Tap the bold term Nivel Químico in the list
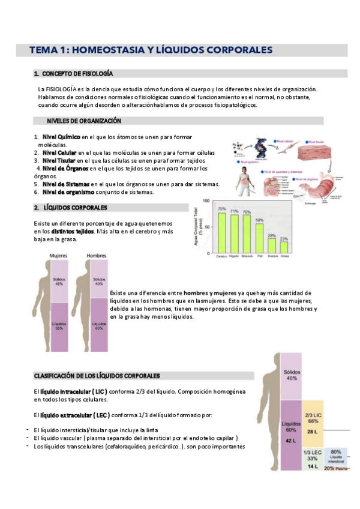[x=60, y=137]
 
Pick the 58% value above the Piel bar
[x=260, y=220]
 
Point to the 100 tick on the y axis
[x=206, y=201]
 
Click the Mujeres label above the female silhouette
[x=58, y=255]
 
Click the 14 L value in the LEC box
[x=311, y=466]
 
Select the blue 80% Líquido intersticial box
[x=336, y=457]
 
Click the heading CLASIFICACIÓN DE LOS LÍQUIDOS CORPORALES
[x=97, y=376]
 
